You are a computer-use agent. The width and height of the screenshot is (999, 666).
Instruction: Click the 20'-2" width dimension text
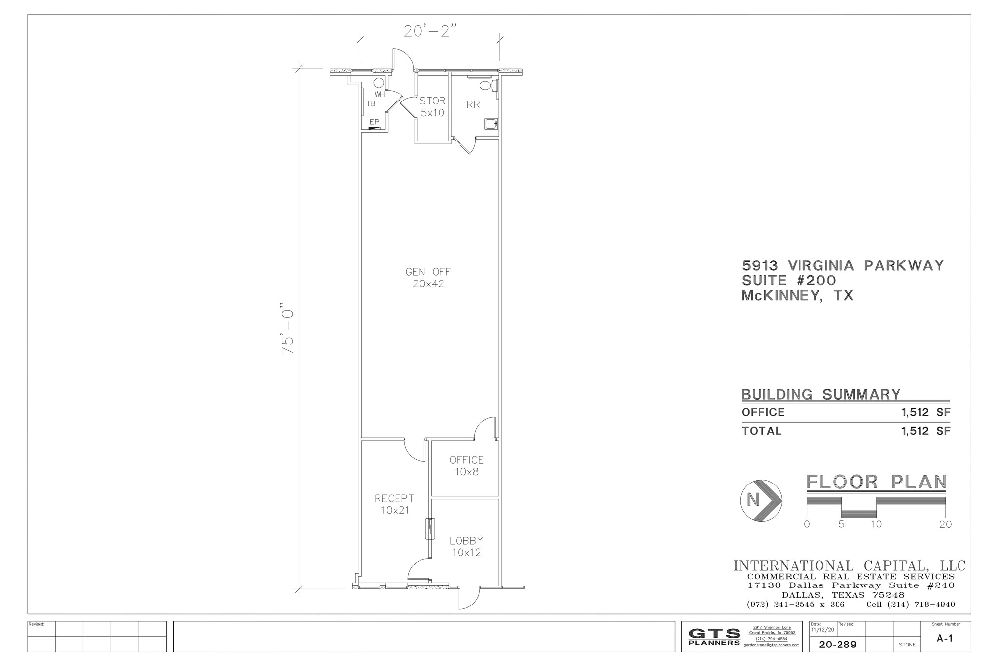click(x=430, y=31)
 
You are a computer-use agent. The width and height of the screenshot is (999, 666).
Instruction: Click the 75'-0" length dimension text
click(x=289, y=331)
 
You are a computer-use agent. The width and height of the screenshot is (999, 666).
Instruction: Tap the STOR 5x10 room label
click(x=432, y=106)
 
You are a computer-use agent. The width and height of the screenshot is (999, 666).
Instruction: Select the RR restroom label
click(x=473, y=104)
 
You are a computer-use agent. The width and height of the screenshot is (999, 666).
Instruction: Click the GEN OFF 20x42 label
click(x=428, y=278)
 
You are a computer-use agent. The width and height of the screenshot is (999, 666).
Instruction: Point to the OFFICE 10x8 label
click(x=466, y=465)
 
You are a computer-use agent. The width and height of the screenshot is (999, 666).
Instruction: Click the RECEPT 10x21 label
click(x=394, y=504)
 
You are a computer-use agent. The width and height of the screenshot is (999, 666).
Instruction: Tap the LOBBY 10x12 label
click(x=466, y=546)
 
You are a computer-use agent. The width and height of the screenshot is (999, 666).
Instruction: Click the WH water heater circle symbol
click(x=379, y=82)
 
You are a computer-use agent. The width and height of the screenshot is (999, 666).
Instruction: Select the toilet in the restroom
click(x=486, y=85)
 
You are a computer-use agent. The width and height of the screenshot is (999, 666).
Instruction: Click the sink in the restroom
click(x=490, y=124)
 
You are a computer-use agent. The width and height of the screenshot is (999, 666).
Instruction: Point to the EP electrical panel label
click(x=374, y=121)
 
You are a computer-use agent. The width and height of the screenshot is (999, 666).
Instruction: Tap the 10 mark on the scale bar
click(x=876, y=525)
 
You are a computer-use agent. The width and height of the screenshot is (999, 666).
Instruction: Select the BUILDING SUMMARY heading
click(x=821, y=394)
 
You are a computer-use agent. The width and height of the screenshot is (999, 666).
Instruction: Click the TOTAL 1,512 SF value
click(x=925, y=431)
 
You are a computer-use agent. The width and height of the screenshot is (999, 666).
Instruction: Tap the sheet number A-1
click(x=944, y=638)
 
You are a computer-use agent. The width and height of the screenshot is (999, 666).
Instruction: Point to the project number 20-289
click(x=838, y=645)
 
